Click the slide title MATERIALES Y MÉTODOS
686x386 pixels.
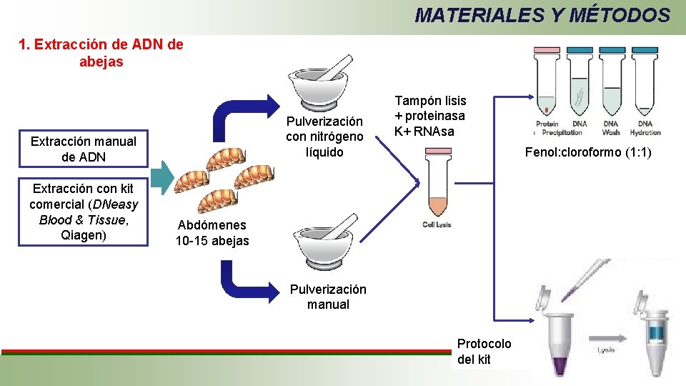pyautogui.click(x=542, y=15)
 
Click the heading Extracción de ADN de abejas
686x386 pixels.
pyautogui.click(x=101, y=53)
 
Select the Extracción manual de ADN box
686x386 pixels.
pyautogui.click(x=83, y=149)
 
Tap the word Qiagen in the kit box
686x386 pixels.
pyautogui.click(x=83, y=234)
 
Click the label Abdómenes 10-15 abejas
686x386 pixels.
pyautogui.click(x=212, y=233)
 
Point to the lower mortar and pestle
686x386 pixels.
pyautogui.click(x=319, y=236)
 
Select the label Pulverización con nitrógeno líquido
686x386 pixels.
pyautogui.click(x=324, y=137)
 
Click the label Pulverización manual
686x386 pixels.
pyautogui.click(x=328, y=297)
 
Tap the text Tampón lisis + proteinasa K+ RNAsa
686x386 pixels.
pyautogui.click(x=430, y=117)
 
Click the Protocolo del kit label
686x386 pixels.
pyautogui.click(x=484, y=351)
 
